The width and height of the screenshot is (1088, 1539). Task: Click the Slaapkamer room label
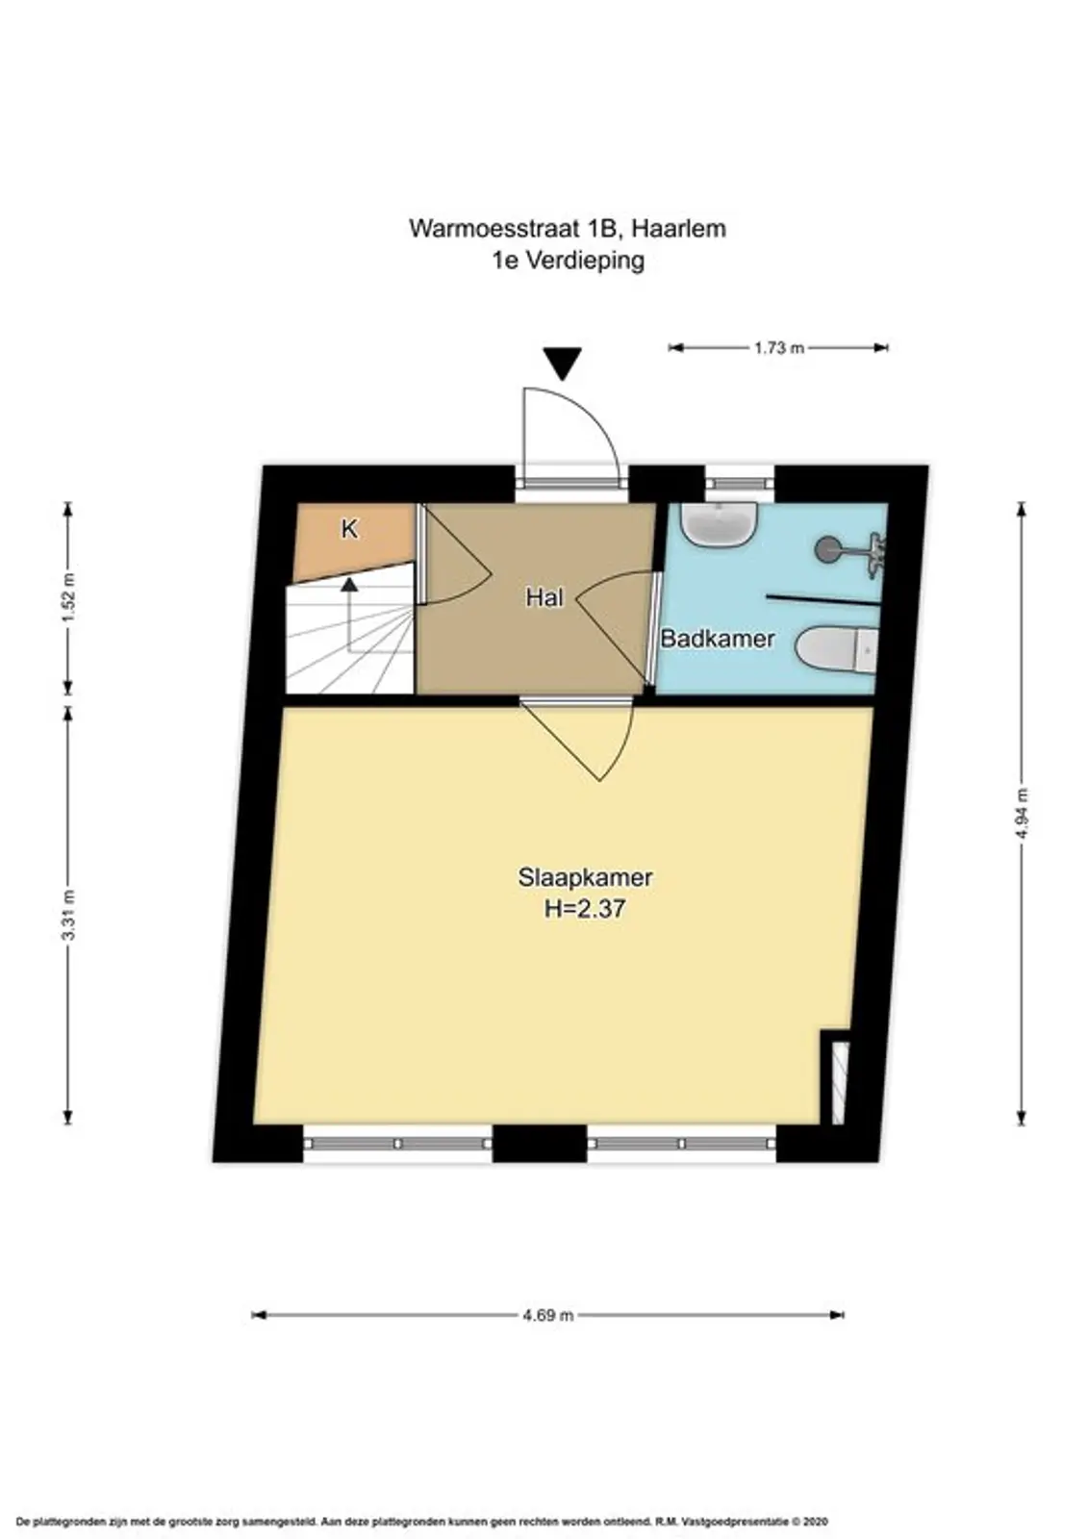point(584,877)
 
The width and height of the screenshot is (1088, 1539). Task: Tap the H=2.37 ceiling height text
point(584,909)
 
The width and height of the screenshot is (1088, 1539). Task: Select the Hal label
point(544,597)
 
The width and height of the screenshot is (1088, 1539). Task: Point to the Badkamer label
point(717,639)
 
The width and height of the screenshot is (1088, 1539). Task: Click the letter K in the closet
point(349,530)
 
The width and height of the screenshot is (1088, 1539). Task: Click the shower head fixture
point(849,547)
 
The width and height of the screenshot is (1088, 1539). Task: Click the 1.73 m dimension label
point(778,347)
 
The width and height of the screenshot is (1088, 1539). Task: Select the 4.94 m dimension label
point(1022,813)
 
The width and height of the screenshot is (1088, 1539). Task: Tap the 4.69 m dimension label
point(547,1316)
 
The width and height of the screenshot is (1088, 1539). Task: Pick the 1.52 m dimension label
point(68,596)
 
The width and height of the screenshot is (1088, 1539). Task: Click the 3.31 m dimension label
point(68,915)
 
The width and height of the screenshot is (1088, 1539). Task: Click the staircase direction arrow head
point(349,585)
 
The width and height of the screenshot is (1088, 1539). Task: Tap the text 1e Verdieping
point(568,261)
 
